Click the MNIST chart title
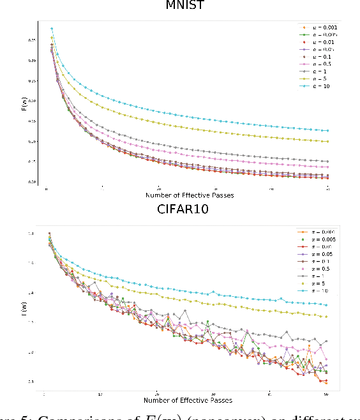point(184,7)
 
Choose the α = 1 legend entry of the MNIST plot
point(313,70)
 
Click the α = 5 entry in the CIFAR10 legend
point(313,283)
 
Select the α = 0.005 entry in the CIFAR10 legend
point(317,240)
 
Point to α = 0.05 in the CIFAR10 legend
point(315,254)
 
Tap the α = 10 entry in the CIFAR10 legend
point(314,290)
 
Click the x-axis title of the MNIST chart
point(189,194)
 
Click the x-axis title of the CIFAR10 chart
point(189,400)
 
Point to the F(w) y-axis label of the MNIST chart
point(24,107)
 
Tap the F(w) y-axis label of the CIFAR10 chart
point(24,311)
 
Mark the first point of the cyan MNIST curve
point(52,28)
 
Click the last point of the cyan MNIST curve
point(327,130)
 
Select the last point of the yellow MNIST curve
point(327,141)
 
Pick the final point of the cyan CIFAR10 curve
point(326,304)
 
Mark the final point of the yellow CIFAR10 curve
point(326,317)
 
